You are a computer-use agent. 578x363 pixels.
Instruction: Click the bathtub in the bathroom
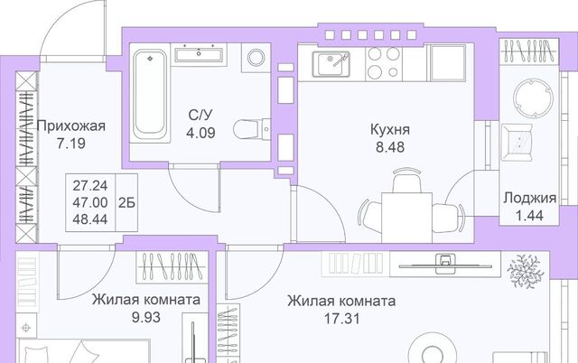[150, 94]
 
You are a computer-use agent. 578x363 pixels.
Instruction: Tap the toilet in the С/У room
[252, 129]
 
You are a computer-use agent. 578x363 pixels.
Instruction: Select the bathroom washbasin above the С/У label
[199, 54]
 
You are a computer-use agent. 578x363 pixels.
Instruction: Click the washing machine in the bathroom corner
[256, 58]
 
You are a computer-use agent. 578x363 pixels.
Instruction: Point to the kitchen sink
[331, 64]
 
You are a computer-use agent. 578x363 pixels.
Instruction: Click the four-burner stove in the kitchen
[384, 62]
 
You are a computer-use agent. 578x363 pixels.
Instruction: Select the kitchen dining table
[406, 218]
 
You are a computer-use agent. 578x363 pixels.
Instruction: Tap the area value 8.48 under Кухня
[390, 147]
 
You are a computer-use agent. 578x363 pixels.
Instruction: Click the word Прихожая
[71, 126]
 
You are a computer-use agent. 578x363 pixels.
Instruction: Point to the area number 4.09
[200, 133]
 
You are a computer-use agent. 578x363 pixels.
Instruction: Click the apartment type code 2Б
[126, 202]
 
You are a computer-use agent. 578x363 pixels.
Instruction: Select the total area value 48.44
[90, 219]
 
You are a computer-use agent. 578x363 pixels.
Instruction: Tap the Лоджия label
[530, 199]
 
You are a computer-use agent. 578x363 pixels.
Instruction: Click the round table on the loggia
[533, 98]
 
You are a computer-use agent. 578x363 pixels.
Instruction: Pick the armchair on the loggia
[517, 143]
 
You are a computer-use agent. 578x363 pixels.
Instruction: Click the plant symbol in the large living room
[526, 271]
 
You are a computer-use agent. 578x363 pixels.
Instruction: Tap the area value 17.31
[341, 319]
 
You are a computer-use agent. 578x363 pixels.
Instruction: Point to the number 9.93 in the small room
[146, 317]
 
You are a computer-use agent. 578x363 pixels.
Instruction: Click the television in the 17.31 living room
[445, 264]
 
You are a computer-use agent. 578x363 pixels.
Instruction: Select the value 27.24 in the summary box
[90, 186]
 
